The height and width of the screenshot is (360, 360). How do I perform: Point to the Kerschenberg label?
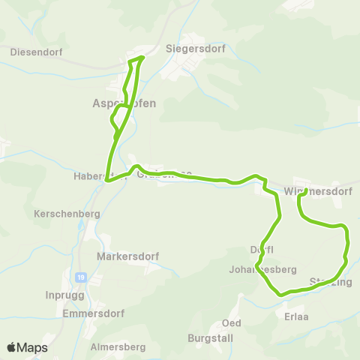[67, 214]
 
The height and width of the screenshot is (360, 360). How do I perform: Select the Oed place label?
[231, 323]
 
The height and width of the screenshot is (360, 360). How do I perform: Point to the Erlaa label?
[297, 316]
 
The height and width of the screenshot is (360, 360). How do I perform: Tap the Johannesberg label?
[263, 269]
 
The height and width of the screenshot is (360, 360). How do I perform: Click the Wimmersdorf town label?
[319, 192]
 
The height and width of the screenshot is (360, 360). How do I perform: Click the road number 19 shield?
[81, 277]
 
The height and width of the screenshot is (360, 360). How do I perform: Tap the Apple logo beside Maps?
[11, 347]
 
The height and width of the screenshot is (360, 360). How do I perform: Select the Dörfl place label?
[262, 250]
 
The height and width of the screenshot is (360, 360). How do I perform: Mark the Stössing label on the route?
[330, 282]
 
